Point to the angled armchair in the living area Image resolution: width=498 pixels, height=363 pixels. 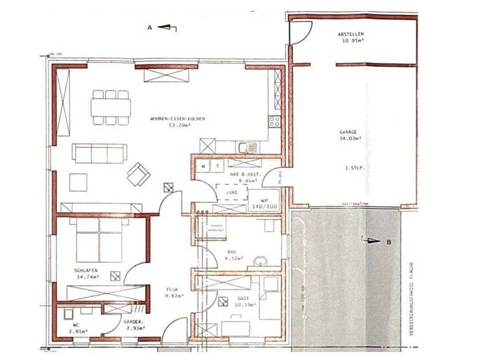point(138,173)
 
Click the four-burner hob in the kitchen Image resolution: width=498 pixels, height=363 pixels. point(274,121)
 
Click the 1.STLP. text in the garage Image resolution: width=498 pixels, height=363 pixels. point(353,167)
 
